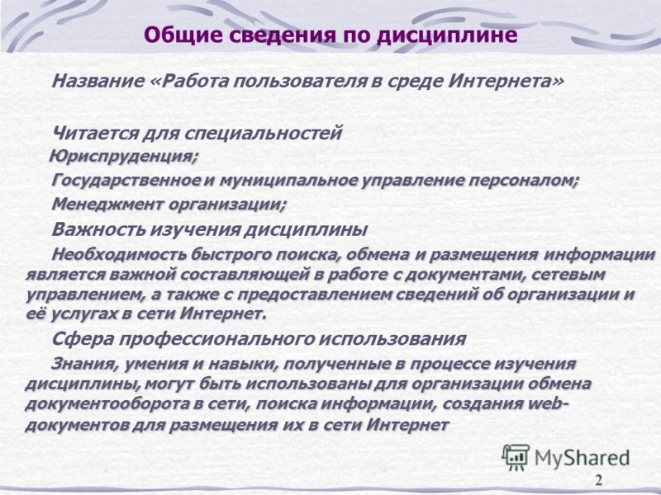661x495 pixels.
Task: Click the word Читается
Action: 95,134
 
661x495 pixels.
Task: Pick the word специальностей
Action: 264,134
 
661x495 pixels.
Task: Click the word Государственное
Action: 126,181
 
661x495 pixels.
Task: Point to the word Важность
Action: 98,229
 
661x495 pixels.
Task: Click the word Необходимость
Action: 119,255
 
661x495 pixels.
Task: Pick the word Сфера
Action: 82,339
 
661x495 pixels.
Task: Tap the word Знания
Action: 85,364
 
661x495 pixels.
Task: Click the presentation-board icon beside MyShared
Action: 516,457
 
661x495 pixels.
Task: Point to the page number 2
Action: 598,480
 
